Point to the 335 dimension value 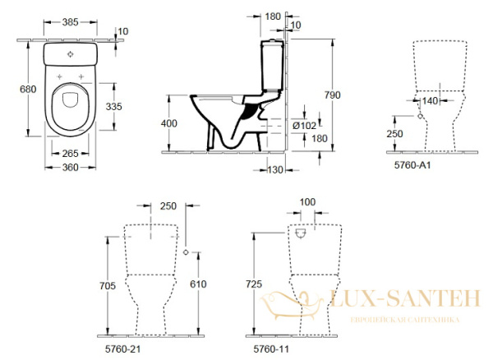tap(117, 106)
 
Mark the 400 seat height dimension tap(168, 122)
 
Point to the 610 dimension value tap(196, 284)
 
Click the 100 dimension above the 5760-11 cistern tap(307, 201)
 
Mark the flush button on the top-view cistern tap(72, 55)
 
